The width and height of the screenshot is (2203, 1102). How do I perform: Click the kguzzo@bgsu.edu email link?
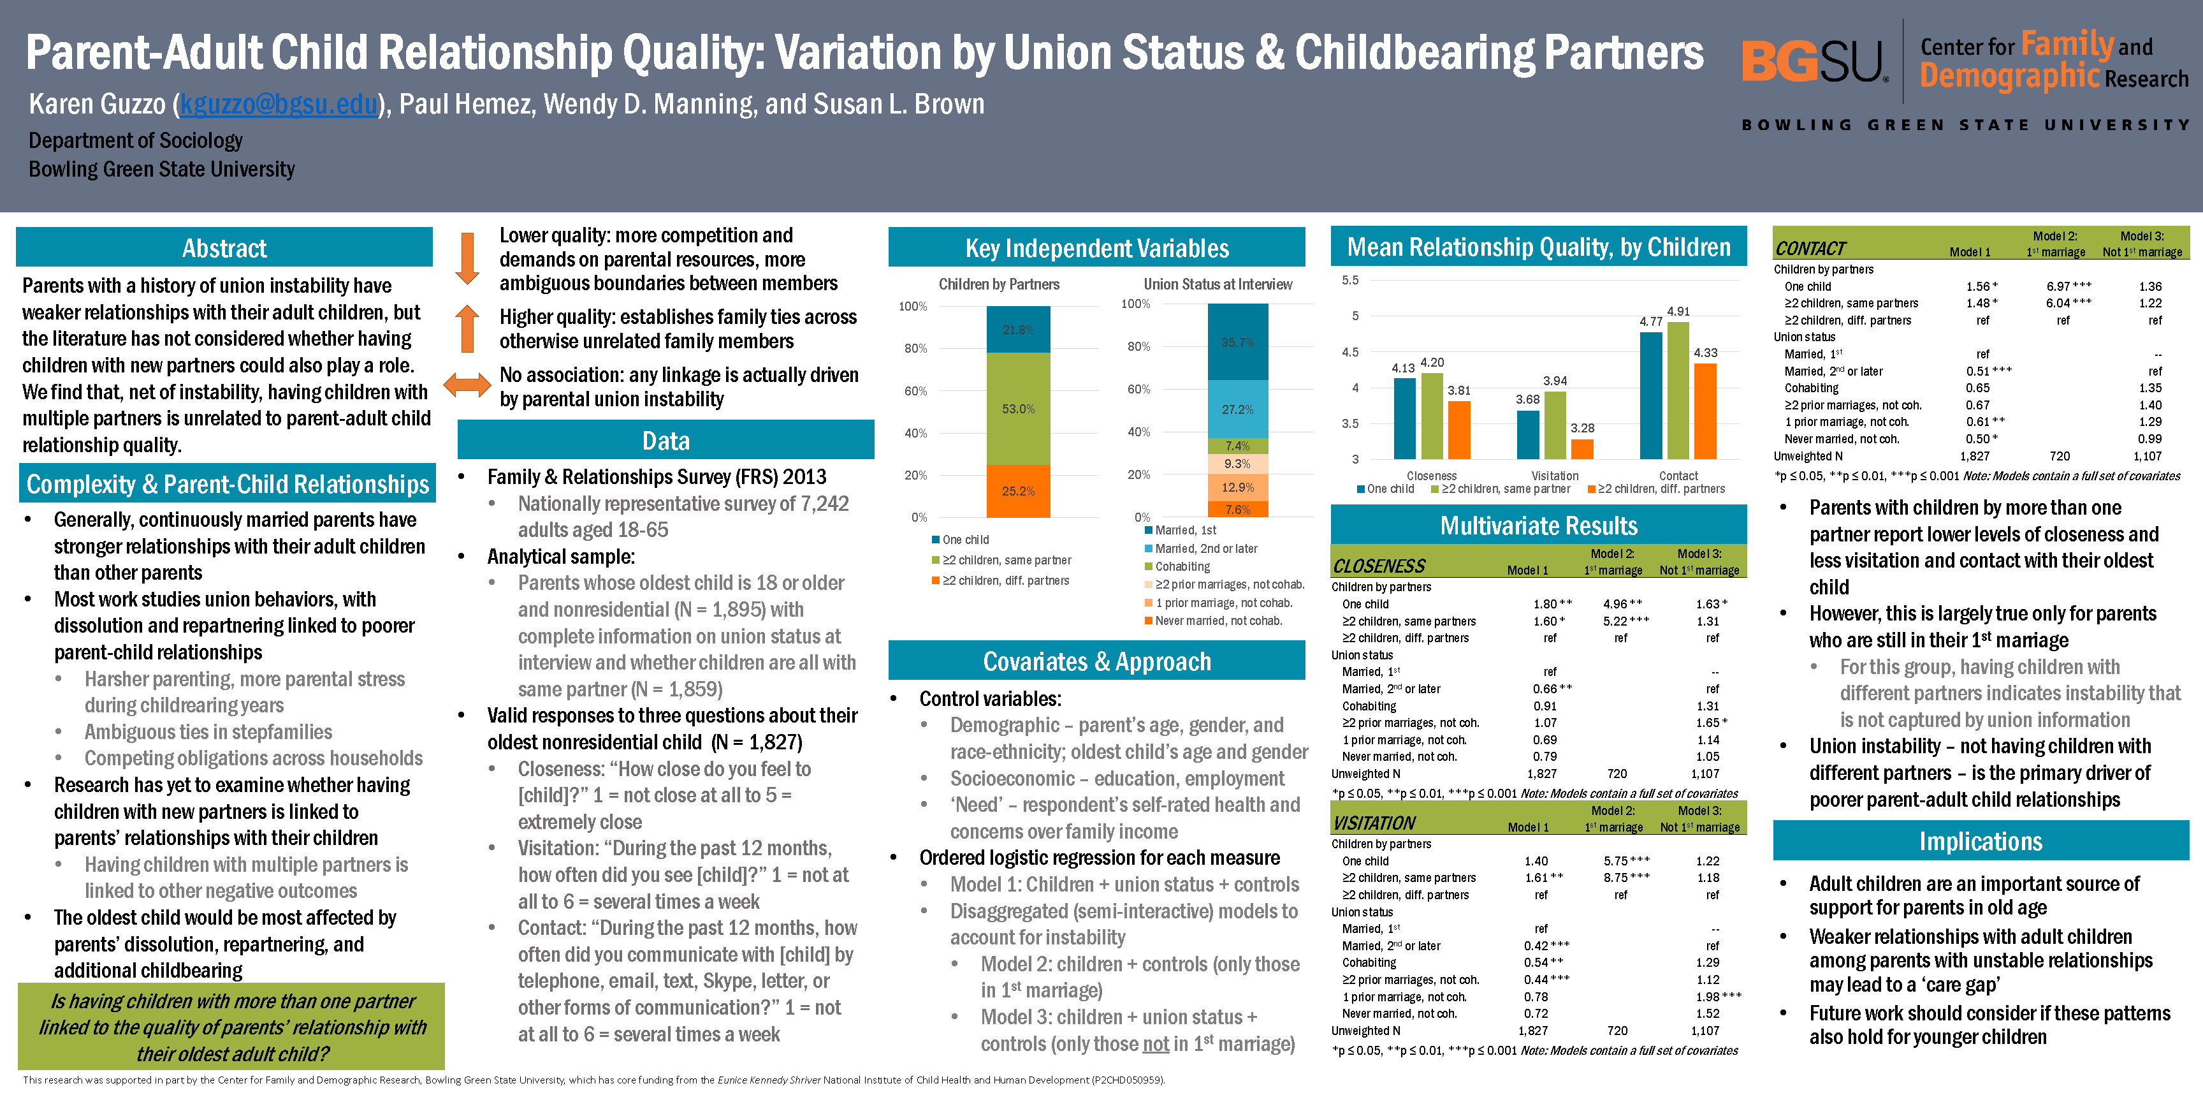pos(279,105)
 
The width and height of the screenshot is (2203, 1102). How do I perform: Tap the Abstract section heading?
pos(224,248)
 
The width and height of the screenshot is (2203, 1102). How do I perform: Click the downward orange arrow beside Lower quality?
pos(467,258)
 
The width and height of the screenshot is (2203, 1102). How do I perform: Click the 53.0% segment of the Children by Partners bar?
pos(1018,409)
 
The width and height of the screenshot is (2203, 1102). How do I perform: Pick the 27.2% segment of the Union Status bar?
pos(1237,409)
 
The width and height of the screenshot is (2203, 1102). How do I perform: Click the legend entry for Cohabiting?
pos(1182,566)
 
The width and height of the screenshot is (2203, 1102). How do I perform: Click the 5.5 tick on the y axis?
pos(1349,281)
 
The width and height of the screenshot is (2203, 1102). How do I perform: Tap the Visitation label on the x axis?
pos(1555,476)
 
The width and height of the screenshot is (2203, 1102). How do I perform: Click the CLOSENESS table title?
pos(1379,566)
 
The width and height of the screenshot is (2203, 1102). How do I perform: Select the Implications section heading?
pos(1981,841)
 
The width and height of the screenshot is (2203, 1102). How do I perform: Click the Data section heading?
pos(665,441)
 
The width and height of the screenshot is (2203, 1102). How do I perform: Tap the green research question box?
pos(232,1027)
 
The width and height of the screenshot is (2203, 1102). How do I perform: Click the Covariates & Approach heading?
pos(1096,661)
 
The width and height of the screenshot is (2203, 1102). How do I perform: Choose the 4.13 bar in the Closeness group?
pos(1404,418)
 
